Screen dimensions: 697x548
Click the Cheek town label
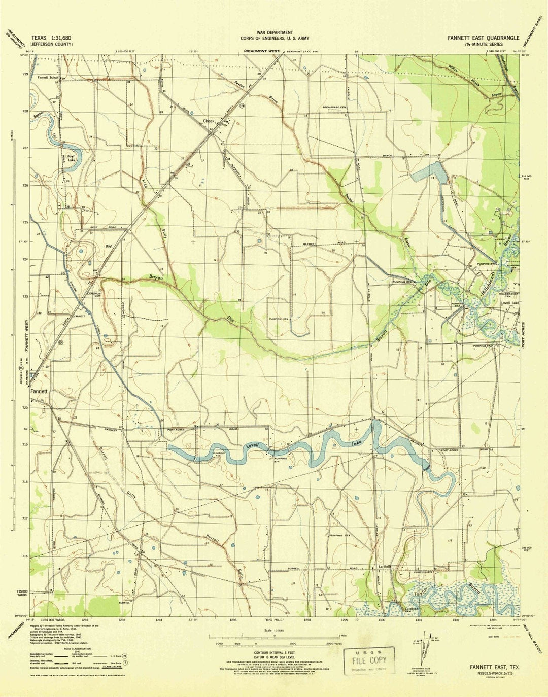click(x=209, y=121)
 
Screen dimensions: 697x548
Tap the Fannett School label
click(x=48, y=78)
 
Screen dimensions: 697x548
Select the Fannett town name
click(x=39, y=392)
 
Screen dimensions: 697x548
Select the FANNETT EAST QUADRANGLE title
click(x=483, y=38)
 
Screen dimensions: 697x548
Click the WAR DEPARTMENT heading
click(x=275, y=32)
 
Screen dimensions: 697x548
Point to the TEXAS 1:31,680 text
click(x=51, y=38)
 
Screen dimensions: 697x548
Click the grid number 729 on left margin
click(x=25, y=74)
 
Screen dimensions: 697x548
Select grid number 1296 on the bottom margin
click(x=233, y=620)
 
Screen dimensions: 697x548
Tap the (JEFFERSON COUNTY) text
click(x=51, y=44)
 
